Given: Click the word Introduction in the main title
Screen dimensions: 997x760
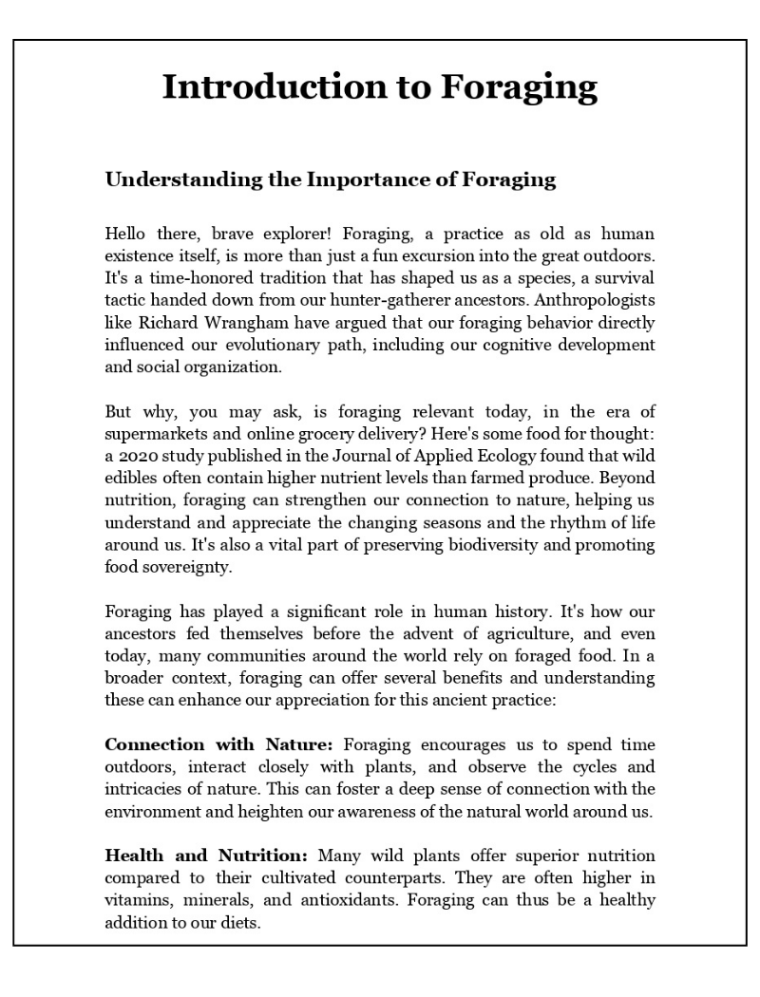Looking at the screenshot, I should click(x=272, y=86).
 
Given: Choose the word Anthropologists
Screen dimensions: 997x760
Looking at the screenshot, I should click(x=596, y=300).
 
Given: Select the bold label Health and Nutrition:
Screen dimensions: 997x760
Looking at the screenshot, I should click(x=206, y=856).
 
